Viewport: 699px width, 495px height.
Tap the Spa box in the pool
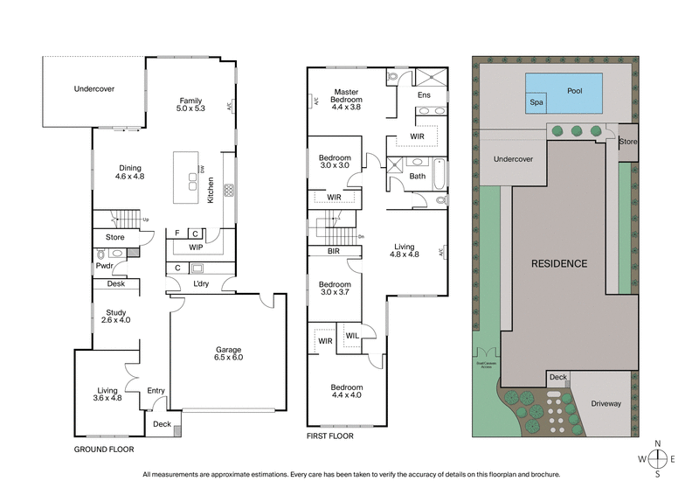(x=536, y=102)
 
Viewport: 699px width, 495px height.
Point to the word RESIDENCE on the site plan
(x=559, y=263)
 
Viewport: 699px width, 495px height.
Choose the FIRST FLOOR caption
(x=330, y=434)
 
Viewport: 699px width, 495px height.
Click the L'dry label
(x=201, y=285)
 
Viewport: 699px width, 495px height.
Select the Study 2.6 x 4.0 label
(x=117, y=316)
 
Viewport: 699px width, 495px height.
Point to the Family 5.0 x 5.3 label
(x=190, y=104)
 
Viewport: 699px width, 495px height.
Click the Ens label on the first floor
(x=424, y=94)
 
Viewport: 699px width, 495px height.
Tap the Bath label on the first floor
(x=418, y=176)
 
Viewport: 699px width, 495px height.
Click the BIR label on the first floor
(x=333, y=251)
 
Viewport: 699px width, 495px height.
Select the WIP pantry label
(x=196, y=247)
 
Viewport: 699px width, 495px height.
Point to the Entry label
(x=156, y=391)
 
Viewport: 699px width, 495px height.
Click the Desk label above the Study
(x=116, y=284)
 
